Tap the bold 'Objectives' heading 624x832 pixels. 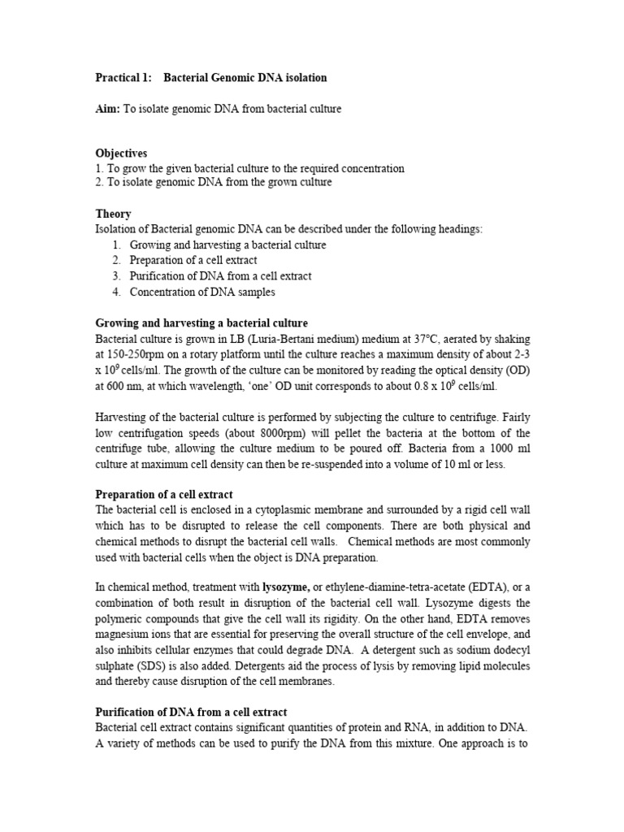(x=121, y=153)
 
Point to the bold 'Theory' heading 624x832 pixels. (x=113, y=214)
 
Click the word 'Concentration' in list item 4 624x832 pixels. (x=163, y=292)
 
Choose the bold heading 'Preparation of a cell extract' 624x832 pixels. (x=164, y=494)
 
